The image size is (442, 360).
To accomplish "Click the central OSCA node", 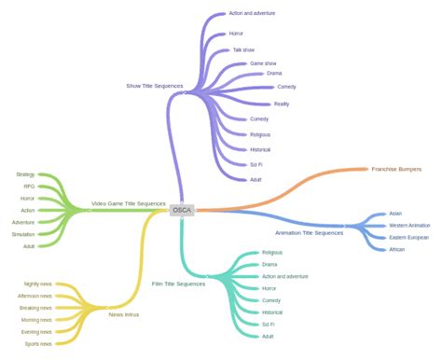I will pyautogui.click(x=183, y=210).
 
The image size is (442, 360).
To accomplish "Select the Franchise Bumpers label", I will pyautogui.click(x=396, y=169).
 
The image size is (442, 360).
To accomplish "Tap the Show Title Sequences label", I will pyautogui.click(x=154, y=86).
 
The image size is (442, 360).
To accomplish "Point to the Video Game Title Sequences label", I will pyautogui.click(x=128, y=203).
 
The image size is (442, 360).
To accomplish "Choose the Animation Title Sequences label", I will pyautogui.click(x=309, y=232).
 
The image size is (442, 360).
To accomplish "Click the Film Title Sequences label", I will pyautogui.click(x=178, y=284).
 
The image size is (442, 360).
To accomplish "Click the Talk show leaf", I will pyautogui.click(x=242, y=49).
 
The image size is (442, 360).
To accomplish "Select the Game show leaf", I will pyautogui.click(x=263, y=63).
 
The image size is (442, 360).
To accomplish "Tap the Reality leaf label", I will pyautogui.click(x=282, y=104).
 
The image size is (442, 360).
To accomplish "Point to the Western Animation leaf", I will pyautogui.click(x=409, y=225).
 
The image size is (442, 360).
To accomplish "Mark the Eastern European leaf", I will pyautogui.click(x=409, y=237).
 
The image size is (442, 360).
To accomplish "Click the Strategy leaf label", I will pyautogui.click(x=25, y=174).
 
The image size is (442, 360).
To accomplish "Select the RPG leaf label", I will pyautogui.click(x=29, y=187).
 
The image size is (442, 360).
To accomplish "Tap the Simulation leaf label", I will pyautogui.click(x=23, y=234).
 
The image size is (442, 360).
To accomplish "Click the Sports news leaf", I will pyautogui.click(x=38, y=344).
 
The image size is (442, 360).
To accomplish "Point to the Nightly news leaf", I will pyautogui.click(x=38, y=284).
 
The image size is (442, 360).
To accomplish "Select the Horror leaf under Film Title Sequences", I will pyautogui.click(x=269, y=288).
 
